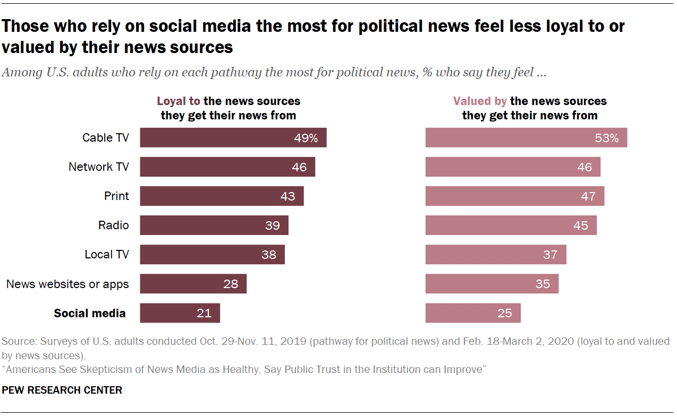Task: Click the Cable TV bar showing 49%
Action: (233, 138)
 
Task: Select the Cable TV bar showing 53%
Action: (526, 138)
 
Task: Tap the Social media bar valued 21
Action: (180, 313)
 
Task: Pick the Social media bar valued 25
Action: (473, 313)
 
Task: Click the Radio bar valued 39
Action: (214, 225)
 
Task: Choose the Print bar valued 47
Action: (514, 196)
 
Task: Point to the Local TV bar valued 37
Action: (495, 255)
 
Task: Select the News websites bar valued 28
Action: (193, 284)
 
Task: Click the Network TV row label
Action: (99, 167)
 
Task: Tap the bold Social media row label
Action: (90, 313)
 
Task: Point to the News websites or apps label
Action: (67, 284)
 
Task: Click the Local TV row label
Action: (107, 255)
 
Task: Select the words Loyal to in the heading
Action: (178, 101)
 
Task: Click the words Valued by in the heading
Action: (480, 101)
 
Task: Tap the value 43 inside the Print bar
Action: (287, 196)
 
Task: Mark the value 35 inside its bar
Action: (543, 284)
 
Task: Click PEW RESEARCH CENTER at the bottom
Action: (62, 390)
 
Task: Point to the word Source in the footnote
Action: (19, 342)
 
